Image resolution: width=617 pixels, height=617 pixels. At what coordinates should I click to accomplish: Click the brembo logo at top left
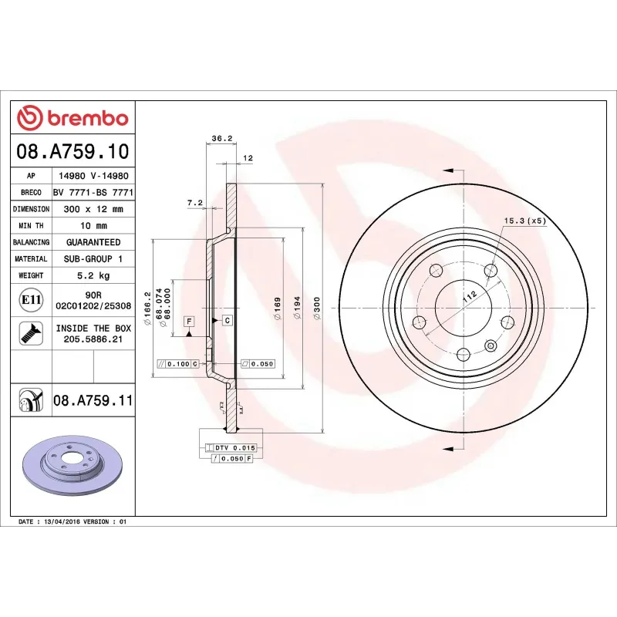pyautogui.click(x=72, y=118)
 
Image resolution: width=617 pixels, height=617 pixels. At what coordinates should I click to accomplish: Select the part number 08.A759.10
pyautogui.click(x=72, y=150)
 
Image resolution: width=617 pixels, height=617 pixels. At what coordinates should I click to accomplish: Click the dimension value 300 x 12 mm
pyautogui.click(x=93, y=209)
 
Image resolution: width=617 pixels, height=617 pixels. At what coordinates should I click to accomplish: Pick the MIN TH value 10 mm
pyautogui.click(x=93, y=226)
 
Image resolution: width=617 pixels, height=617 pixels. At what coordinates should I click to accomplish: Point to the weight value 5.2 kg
pyautogui.click(x=93, y=275)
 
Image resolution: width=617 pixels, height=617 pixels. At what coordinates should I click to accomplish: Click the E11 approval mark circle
pyautogui.click(x=31, y=299)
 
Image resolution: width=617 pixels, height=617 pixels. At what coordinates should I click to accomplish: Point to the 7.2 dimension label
pyautogui.click(x=194, y=202)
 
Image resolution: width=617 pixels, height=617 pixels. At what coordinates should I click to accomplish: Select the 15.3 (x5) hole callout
pyautogui.click(x=524, y=221)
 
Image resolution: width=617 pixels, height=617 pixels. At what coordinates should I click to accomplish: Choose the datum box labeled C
pyautogui.click(x=228, y=319)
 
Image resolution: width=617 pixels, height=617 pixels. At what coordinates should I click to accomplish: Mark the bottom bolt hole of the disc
pyautogui.click(x=463, y=354)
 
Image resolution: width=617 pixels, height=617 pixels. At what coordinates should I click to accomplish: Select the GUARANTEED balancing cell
pyautogui.click(x=93, y=242)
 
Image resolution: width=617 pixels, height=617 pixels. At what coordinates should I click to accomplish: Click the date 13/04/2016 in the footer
pyautogui.click(x=64, y=522)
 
